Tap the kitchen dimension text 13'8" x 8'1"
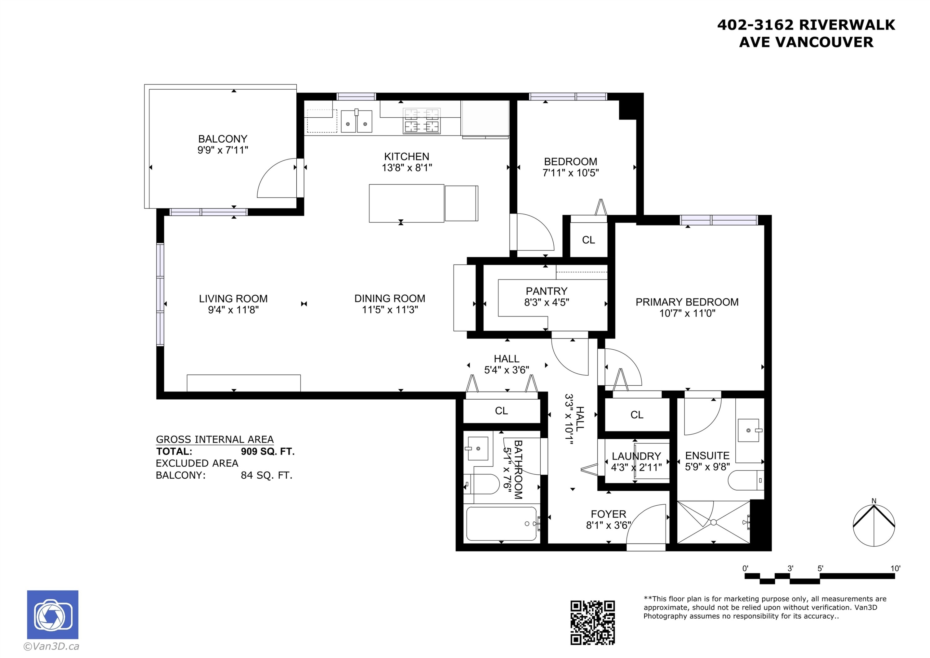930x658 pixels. pos(407,168)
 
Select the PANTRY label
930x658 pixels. pos(547,291)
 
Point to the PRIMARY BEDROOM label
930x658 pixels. pos(687,302)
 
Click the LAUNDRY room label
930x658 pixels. pos(636,456)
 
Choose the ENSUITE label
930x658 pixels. pos(707,456)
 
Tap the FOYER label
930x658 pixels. pos(609,514)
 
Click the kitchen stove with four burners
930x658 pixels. pos(422,121)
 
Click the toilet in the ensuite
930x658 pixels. pos(746,481)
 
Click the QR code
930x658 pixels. pos(593,622)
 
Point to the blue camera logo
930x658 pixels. pos(53,615)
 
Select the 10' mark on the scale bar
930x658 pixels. pos(895,568)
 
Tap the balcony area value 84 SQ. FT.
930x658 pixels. pos(267,475)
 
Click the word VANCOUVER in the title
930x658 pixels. pos(826,42)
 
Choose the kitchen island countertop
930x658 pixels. pos(406,203)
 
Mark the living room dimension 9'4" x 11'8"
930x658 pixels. pos(233,310)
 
